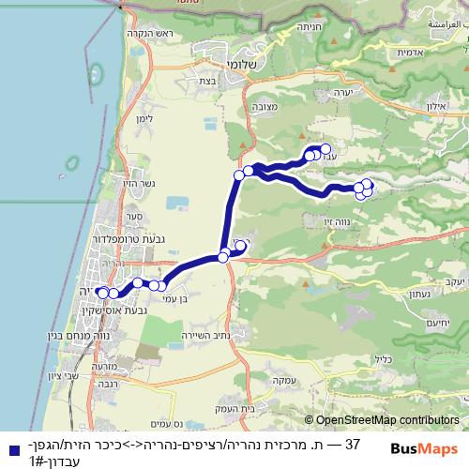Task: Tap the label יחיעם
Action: coord(449,323)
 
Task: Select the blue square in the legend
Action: coord(8,449)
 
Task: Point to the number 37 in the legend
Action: coord(352,442)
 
